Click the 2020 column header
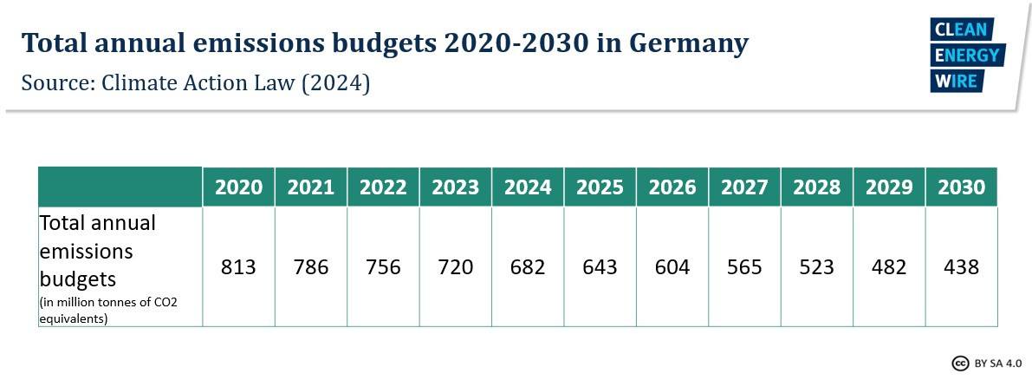click(x=238, y=187)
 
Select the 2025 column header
click(x=600, y=187)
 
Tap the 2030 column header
click(x=961, y=187)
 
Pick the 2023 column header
click(x=455, y=187)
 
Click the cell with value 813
click(x=238, y=267)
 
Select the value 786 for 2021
click(x=310, y=267)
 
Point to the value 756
click(x=383, y=267)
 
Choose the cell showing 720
click(x=455, y=267)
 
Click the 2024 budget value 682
click(x=527, y=267)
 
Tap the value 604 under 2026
click(x=672, y=267)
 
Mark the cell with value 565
click(x=744, y=267)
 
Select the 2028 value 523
click(x=816, y=267)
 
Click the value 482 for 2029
click(x=888, y=267)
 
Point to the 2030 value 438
click(x=961, y=267)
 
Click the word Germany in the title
click(x=682, y=43)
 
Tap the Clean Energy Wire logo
click(x=965, y=56)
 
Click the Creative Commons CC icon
click(x=960, y=363)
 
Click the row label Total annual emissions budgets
click(x=97, y=252)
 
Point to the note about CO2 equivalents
click(x=107, y=309)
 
